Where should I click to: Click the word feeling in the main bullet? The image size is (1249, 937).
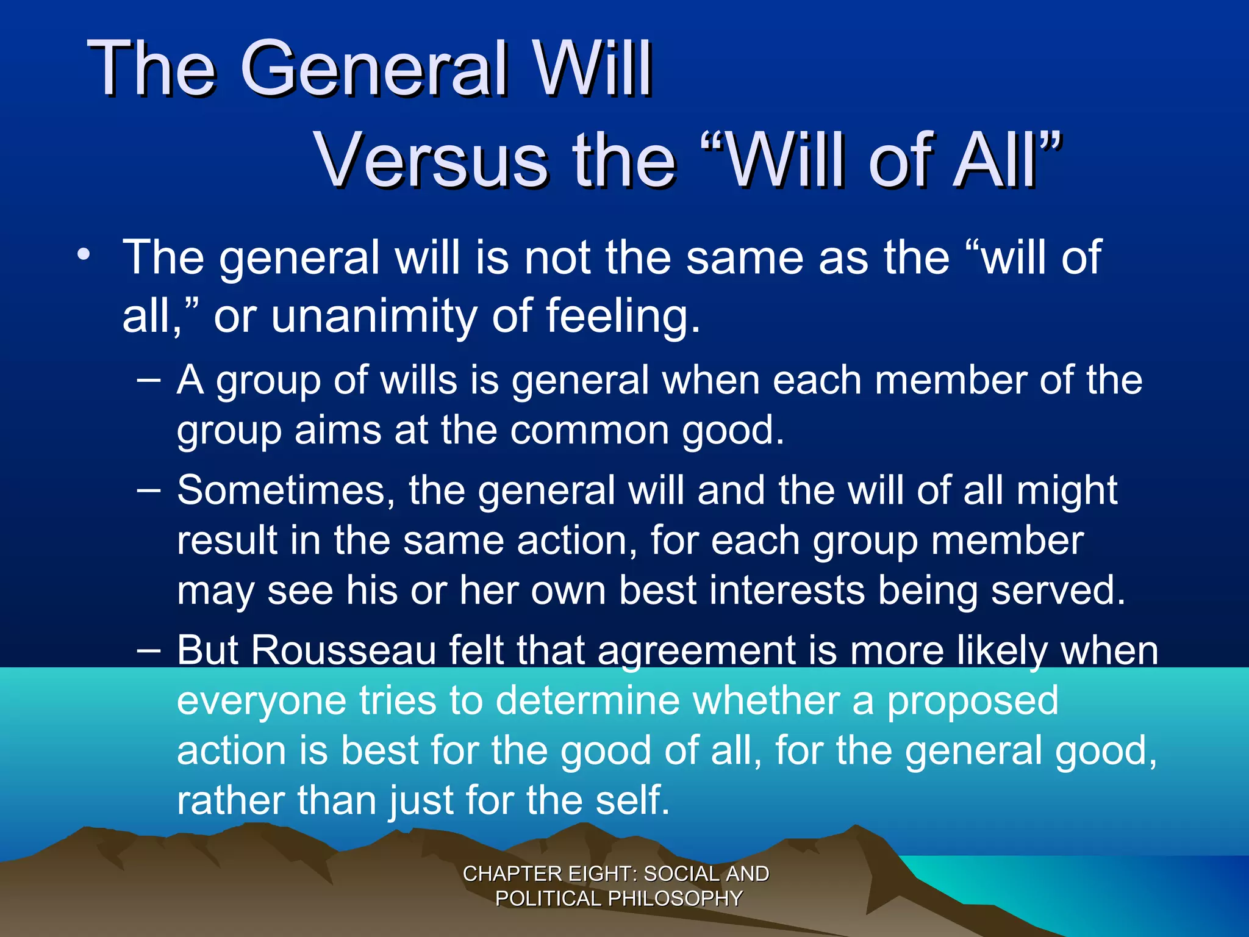[622, 316]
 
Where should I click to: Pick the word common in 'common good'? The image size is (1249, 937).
[589, 431]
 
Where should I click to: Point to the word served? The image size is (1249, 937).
[1058, 591]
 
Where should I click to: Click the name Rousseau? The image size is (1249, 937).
[343, 651]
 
